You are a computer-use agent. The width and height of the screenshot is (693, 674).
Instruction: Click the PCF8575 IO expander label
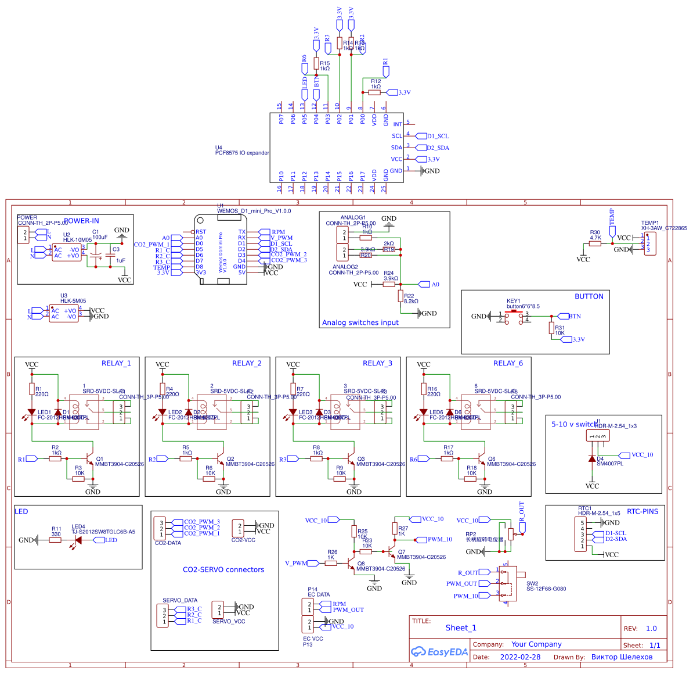[242, 153]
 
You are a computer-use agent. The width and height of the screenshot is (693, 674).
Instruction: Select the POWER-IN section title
[81, 221]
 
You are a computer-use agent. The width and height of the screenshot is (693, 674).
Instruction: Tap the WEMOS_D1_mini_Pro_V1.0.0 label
[254, 211]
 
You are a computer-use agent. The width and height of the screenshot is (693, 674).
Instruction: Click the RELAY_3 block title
[377, 363]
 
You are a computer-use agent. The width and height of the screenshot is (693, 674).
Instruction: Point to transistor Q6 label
[491, 459]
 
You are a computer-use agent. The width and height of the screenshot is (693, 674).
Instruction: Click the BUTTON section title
[589, 296]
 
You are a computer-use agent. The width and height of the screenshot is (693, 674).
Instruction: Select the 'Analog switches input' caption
[360, 322]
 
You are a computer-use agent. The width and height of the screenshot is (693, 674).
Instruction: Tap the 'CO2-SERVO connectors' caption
[223, 569]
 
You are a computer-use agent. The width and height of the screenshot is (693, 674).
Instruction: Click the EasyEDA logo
[439, 652]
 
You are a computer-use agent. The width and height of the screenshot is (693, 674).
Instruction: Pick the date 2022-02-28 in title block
[520, 657]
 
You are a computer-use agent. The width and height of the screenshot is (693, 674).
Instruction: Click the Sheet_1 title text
[461, 628]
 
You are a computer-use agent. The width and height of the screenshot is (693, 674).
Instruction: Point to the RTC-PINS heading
[643, 511]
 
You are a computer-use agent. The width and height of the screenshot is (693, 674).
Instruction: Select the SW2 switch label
[532, 583]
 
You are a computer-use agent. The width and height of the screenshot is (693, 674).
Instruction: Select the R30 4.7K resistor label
[595, 235]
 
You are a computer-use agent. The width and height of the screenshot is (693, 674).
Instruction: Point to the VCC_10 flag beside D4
[641, 455]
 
